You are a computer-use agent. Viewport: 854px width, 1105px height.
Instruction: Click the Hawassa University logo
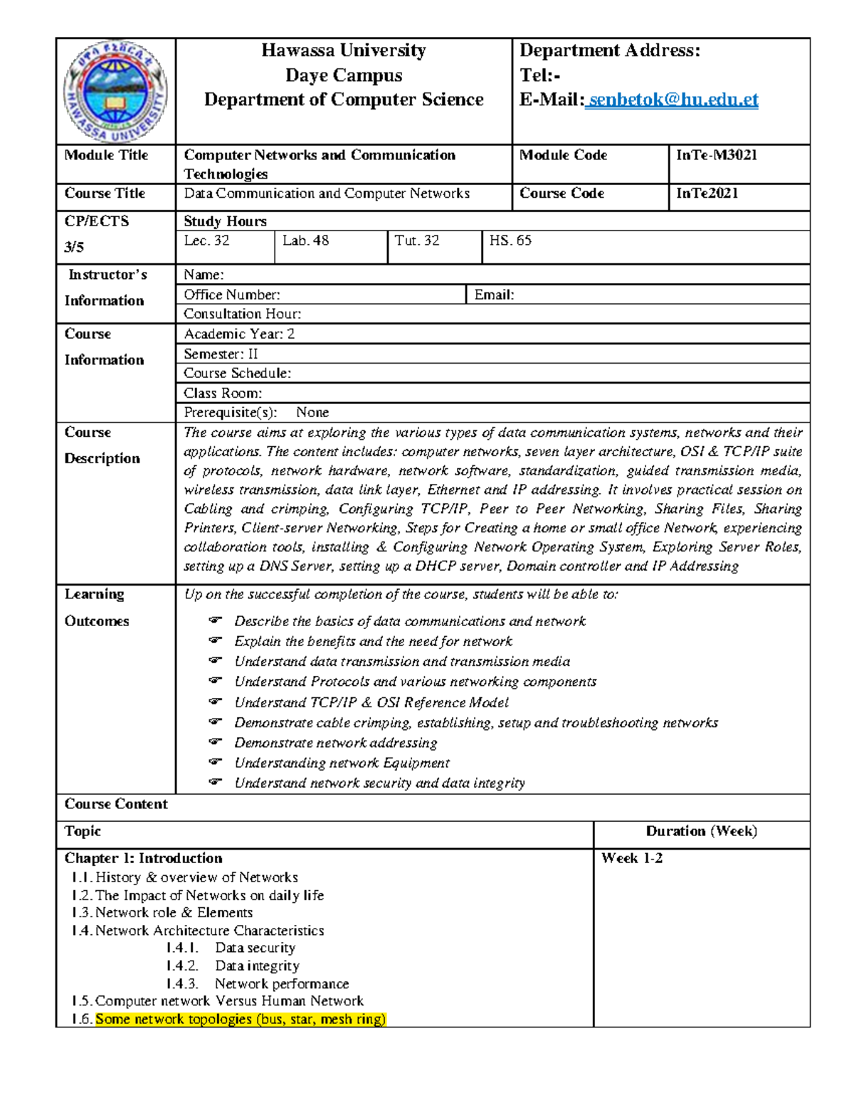[x=116, y=91]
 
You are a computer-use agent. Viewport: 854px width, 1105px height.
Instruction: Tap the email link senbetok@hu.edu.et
[x=672, y=100]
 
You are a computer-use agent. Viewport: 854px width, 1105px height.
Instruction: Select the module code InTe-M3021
[x=717, y=155]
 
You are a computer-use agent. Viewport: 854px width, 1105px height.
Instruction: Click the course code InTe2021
[x=707, y=194]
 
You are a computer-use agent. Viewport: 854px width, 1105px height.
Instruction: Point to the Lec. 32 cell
[x=206, y=240]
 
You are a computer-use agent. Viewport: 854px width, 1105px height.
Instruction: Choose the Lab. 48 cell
[x=305, y=240]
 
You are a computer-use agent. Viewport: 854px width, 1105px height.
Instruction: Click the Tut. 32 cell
[x=417, y=240]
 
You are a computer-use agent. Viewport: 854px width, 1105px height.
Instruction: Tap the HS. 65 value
[x=510, y=240]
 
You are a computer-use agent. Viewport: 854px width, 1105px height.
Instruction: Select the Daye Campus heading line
[x=344, y=75]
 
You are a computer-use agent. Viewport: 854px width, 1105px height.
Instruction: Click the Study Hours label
[x=225, y=221]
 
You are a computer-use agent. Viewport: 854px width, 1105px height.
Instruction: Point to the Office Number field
[x=232, y=295]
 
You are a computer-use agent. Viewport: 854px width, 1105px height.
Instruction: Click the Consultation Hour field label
[x=242, y=314]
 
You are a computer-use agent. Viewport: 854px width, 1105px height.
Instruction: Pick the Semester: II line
[x=221, y=354]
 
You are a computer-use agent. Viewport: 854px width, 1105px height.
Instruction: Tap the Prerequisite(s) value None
[x=312, y=413]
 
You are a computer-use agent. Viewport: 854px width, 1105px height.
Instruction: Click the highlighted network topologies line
[x=241, y=1019]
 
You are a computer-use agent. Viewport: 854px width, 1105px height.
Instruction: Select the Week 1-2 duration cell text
[x=632, y=858]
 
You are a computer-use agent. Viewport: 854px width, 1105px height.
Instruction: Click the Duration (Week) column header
[x=701, y=831]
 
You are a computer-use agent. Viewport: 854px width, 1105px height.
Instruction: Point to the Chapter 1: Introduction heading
[x=143, y=858]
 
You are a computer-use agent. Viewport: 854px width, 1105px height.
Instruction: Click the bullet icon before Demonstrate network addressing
[x=216, y=742]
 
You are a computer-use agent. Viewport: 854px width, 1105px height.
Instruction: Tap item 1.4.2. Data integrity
[x=233, y=966]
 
